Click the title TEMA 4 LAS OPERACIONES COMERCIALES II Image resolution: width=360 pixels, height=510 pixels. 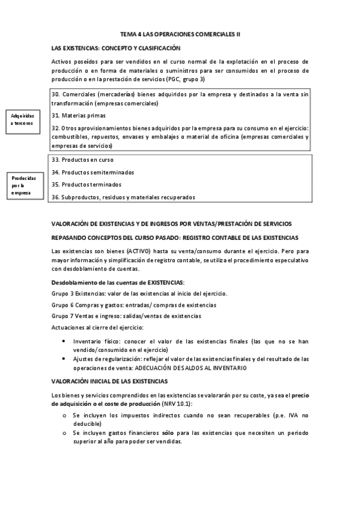(180, 34)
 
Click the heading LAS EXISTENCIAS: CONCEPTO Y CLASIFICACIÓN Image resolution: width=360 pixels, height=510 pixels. (116, 48)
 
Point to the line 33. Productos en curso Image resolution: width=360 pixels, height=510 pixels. (82, 160)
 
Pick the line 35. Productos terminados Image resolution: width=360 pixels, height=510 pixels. (86, 185)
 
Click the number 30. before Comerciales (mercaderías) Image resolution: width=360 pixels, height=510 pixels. (56, 95)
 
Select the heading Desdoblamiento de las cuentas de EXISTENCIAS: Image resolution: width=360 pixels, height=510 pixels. (118, 282)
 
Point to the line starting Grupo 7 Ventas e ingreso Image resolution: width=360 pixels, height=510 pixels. (126, 316)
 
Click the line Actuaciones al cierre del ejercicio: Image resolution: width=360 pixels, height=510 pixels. (97, 327)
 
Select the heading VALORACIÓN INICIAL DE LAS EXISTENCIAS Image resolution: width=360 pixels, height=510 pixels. (110, 381)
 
